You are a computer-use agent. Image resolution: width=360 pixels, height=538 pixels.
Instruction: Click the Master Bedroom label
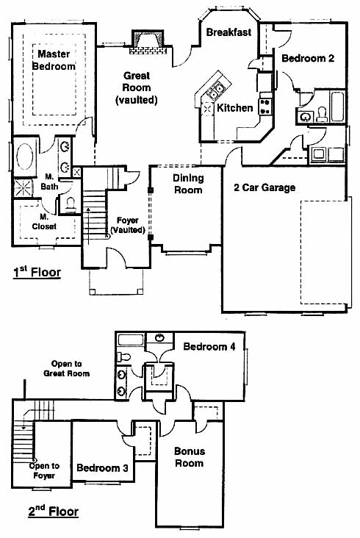[54, 60]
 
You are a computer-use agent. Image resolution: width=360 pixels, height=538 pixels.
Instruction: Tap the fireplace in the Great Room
[148, 42]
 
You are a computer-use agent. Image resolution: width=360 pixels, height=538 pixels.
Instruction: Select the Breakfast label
[228, 32]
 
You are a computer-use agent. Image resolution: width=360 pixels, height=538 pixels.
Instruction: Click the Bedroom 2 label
[308, 58]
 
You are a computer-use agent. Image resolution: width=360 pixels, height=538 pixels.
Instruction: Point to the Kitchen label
[235, 108]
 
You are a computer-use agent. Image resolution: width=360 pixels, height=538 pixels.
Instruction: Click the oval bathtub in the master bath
[25, 157]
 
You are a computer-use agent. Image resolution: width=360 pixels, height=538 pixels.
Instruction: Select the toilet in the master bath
[71, 204]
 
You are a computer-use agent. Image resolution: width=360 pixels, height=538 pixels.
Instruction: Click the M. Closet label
[44, 222]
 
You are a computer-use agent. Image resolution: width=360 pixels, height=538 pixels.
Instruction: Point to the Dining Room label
[188, 184]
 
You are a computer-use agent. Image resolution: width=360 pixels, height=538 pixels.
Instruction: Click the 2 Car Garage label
[264, 187]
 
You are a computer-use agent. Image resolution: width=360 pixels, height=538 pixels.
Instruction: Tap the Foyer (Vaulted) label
[128, 225]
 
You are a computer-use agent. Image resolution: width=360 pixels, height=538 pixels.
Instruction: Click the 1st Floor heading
[37, 273]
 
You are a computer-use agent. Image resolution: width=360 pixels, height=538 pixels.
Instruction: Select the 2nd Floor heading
[53, 512]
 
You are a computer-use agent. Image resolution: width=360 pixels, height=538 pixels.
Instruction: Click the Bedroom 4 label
[209, 347]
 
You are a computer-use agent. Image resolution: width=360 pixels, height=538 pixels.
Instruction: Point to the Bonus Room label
[190, 457]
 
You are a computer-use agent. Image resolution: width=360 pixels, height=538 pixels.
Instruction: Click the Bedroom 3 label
[103, 467]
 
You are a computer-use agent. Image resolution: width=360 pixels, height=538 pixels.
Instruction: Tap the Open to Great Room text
[67, 368]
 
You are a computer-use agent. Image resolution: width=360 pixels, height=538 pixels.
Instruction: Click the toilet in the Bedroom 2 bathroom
[322, 114]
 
